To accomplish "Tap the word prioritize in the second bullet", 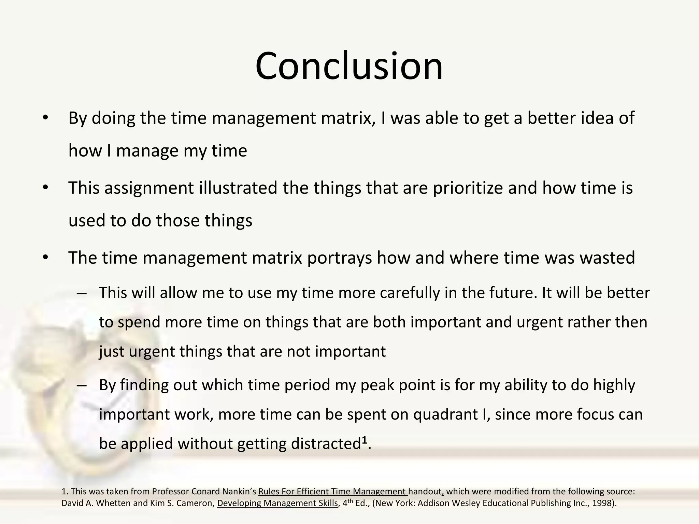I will pos(468,188).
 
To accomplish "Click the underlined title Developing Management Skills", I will pos(277,503).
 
